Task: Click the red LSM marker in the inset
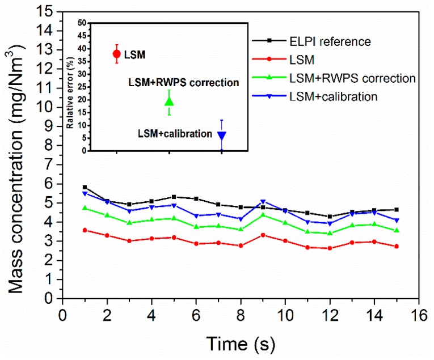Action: point(117,54)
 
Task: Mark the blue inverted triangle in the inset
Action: point(222,135)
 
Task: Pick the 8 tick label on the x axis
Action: point(241,315)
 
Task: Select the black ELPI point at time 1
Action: point(85,187)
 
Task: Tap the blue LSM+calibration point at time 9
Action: point(263,201)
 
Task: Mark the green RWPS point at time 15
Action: point(396,230)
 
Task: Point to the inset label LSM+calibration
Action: point(175,134)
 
